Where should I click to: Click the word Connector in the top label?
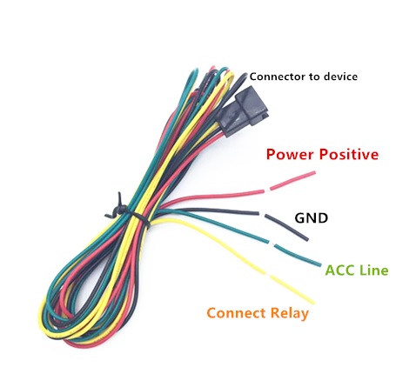pyautogui.click(x=278, y=77)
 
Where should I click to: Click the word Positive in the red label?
pyautogui.click(x=349, y=154)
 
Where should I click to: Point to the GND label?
pyautogui.click(x=312, y=217)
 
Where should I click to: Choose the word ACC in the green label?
pyautogui.click(x=339, y=270)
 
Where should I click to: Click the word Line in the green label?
pyautogui.click(x=374, y=270)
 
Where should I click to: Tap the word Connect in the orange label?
pyautogui.click(x=236, y=313)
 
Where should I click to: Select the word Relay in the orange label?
pyautogui.click(x=289, y=314)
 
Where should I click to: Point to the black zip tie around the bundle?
pyautogui.click(x=126, y=211)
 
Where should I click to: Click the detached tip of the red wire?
pyautogui.click(x=292, y=181)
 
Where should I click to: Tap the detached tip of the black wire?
pyautogui.click(x=286, y=227)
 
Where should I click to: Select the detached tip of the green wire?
pyautogui.click(x=298, y=256)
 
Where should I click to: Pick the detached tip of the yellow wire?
pyautogui.click(x=292, y=289)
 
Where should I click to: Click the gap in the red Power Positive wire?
pyautogui.click(x=267, y=190)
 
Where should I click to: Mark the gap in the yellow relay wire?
pyautogui.click(x=267, y=274)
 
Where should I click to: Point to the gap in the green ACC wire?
pyautogui.click(x=272, y=243)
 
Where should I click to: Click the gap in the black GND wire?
pyautogui.click(x=262, y=214)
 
